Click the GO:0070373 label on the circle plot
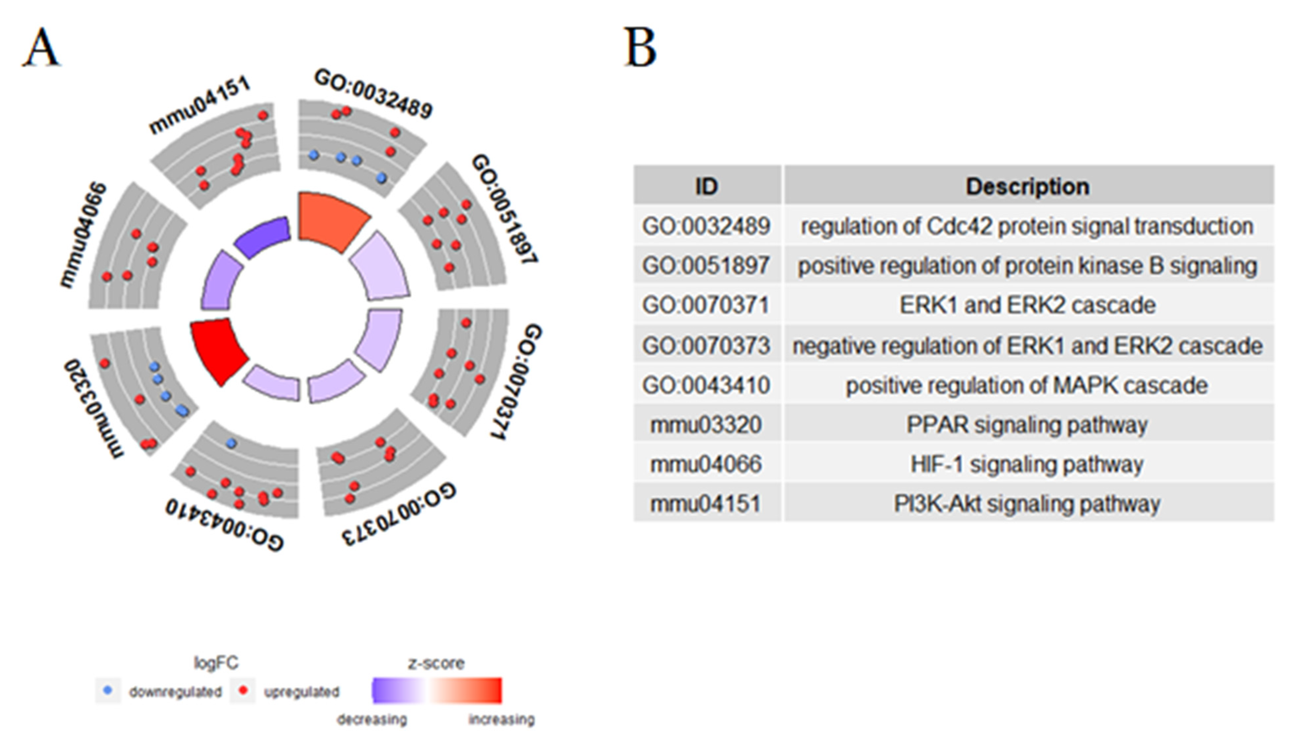[399, 514]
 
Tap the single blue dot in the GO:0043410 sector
[231, 443]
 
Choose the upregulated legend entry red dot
[243, 690]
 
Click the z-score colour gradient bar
[437, 690]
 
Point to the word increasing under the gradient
[501, 720]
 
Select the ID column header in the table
[707, 186]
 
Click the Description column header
[1028, 186]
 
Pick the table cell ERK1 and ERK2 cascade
[1028, 305]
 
